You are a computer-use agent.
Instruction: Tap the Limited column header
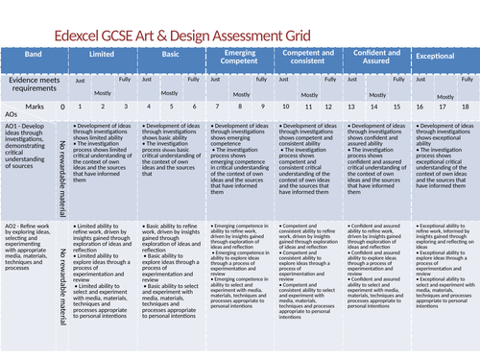pos(102,57)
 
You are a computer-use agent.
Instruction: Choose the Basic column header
pos(170,57)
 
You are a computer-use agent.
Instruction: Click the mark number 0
pos(63,107)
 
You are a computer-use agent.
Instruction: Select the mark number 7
pos(216,107)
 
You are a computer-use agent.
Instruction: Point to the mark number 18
pos(466,107)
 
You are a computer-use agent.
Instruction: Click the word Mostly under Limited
pos(103,92)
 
